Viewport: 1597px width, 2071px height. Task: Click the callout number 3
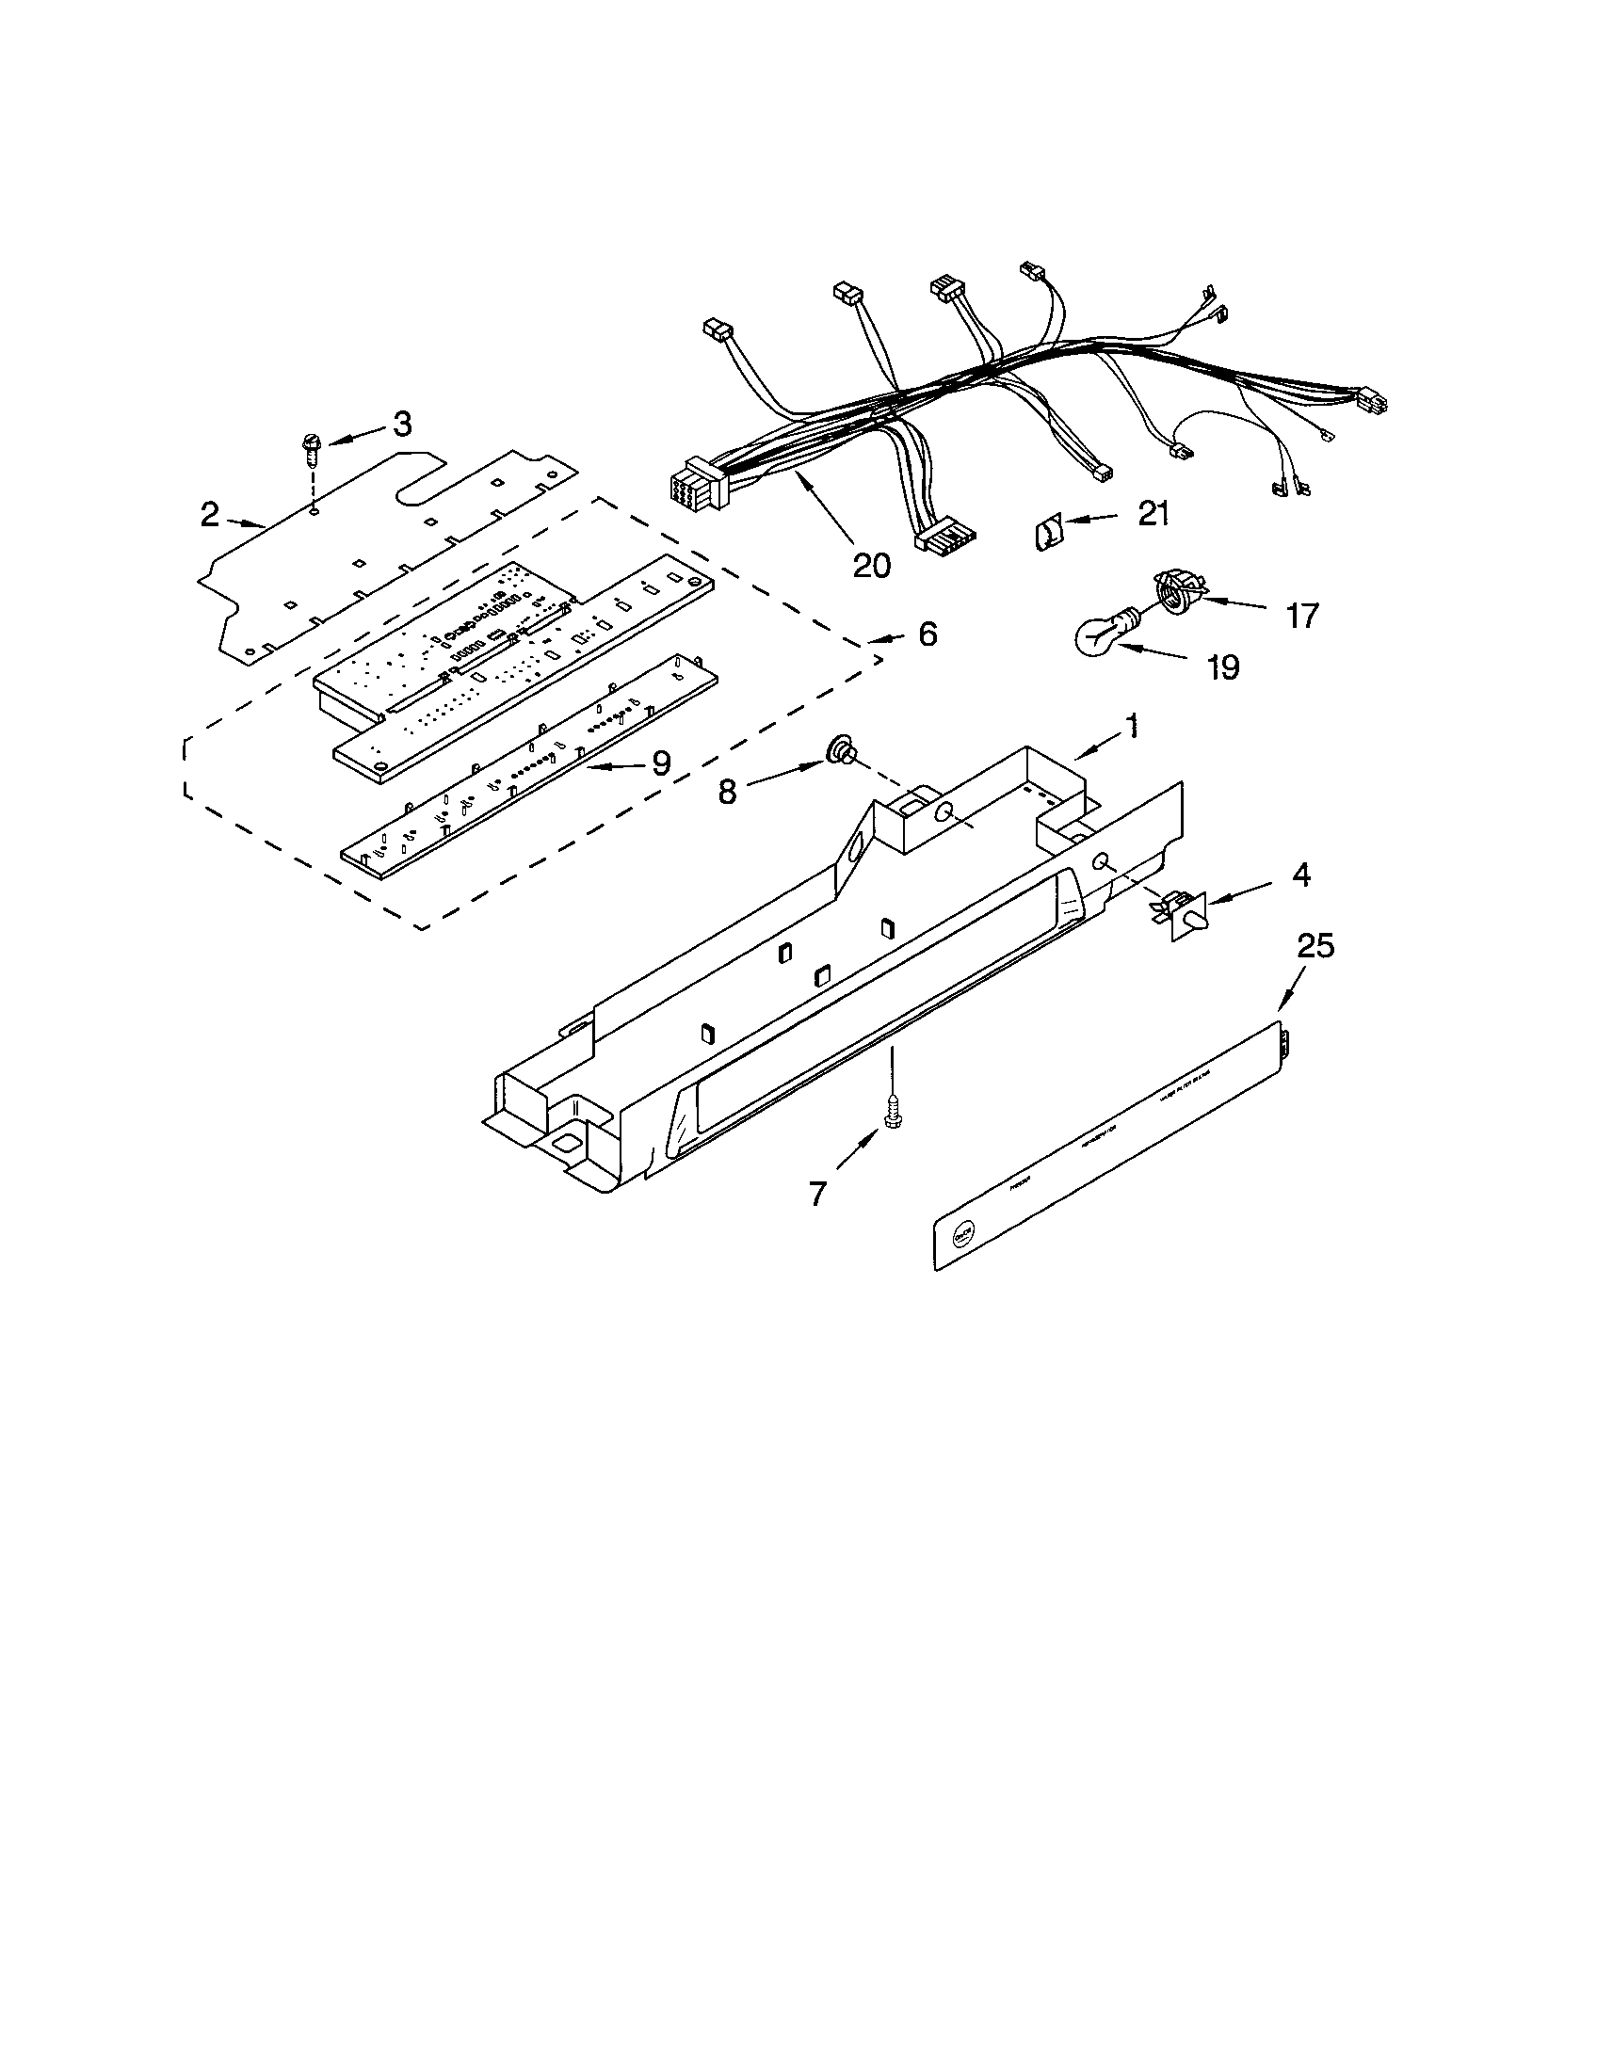402,425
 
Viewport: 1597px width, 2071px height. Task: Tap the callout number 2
210,515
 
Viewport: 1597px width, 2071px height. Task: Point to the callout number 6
927,634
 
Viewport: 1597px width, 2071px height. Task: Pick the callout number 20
872,565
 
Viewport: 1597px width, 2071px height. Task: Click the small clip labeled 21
1047,535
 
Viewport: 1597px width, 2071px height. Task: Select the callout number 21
1153,514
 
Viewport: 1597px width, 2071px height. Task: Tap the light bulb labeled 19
1100,635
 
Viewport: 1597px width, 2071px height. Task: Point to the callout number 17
1302,617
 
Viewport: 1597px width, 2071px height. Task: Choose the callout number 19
1223,667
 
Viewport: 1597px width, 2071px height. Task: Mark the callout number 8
727,792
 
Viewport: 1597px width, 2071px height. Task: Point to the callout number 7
817,1193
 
